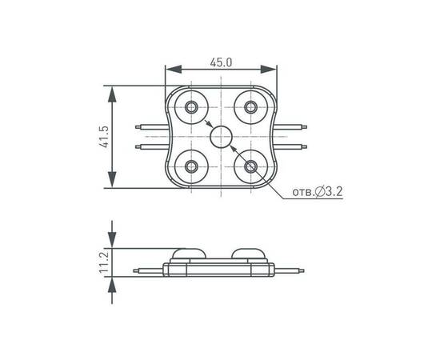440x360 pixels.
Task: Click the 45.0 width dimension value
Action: click(x=221, y=62)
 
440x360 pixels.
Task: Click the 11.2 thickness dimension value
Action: click(x=103, y=262)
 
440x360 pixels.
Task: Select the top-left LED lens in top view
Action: click(x=192, y=106)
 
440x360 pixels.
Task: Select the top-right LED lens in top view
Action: click(x=251, y=106)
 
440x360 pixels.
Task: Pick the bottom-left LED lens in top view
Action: click(x=192, y=166)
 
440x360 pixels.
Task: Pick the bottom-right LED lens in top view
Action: click(x=251, y=166)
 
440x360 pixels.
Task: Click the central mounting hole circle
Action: click(x=221, y=137)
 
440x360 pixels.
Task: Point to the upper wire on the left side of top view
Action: click(x=150, y=126)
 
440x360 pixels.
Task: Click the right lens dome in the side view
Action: click(x=251, y=254)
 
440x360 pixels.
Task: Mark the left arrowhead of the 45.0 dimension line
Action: click(x=170, y=70)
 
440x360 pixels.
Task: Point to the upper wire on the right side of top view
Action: click(x=294, y=126)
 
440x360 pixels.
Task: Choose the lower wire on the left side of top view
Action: click(x=150, y=146)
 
